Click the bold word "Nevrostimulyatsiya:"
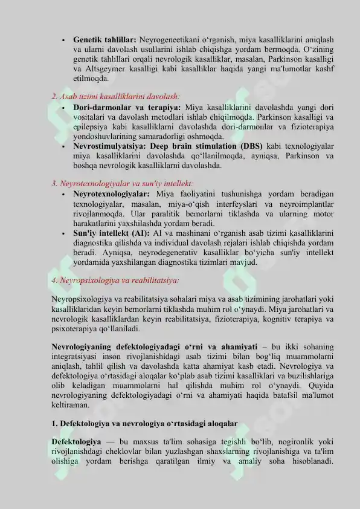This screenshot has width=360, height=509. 109,146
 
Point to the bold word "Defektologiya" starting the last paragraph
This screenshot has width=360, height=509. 76,443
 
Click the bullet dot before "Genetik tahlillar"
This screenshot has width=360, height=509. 63,40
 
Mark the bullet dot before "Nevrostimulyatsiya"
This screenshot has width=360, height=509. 63,146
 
